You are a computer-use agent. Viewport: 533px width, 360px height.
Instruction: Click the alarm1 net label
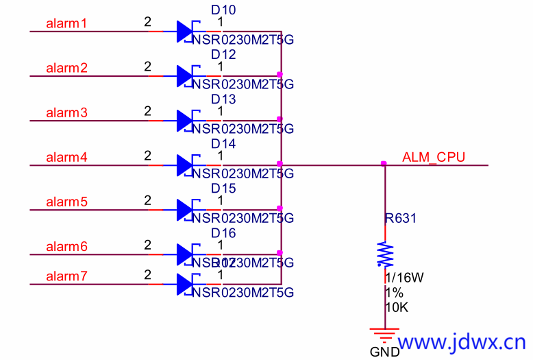coord(66,24)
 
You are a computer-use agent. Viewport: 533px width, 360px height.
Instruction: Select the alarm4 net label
coord(66,158)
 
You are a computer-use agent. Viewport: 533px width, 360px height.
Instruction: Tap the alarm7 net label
coord(66,276)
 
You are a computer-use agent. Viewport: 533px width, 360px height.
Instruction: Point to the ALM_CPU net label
coord(434,157)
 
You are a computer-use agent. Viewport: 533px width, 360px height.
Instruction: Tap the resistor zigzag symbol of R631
coord(385,254)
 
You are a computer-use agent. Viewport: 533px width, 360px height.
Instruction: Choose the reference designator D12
coord(223,55)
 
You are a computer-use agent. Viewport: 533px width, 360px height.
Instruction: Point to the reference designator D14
coord(223,144)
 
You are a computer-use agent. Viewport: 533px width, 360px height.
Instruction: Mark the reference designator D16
coord(223,233)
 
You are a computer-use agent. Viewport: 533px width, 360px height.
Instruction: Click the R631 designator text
coord(400,219)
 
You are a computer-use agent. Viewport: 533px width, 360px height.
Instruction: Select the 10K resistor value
coord(397,308)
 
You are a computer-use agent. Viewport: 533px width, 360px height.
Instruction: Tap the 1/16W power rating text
coord(405,278)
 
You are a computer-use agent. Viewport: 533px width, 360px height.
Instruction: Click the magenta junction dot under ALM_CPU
coord(384,163)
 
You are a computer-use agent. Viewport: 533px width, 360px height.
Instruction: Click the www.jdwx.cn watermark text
coord(462,341)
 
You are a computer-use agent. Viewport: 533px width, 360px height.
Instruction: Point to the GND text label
coord(384,352)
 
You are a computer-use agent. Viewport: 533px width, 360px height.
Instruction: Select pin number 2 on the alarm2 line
coord(147,67)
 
